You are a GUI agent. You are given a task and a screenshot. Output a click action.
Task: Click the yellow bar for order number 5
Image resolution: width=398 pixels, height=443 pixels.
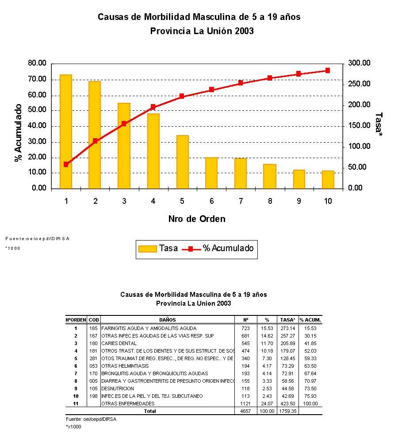182,162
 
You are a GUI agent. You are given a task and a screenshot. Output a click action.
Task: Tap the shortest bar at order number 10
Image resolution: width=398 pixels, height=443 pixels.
328,179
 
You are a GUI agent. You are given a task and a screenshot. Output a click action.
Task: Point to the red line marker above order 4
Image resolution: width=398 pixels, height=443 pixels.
153,107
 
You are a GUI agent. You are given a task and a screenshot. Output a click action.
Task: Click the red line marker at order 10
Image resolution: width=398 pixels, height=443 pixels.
328,70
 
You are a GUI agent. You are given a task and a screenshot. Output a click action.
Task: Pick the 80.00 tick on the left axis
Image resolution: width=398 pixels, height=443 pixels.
37,63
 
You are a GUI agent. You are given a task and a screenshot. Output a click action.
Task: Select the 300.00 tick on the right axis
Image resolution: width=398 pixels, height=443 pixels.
359,63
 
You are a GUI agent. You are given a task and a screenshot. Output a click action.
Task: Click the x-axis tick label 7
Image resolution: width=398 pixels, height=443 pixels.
241,201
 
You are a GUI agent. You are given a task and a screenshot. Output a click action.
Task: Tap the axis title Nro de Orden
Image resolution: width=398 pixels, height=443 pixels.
197,219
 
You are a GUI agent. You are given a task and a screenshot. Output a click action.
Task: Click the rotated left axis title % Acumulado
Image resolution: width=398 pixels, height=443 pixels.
19,133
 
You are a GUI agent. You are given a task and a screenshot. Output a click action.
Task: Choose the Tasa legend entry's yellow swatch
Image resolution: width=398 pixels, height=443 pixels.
147,249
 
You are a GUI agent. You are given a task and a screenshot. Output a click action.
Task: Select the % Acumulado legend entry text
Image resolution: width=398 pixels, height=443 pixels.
228,249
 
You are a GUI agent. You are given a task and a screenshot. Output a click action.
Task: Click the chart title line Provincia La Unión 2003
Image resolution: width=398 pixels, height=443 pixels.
202,31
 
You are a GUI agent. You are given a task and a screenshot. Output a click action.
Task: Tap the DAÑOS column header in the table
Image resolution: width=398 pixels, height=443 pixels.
168,320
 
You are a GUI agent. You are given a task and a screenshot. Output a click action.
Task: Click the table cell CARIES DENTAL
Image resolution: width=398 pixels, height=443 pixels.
119,343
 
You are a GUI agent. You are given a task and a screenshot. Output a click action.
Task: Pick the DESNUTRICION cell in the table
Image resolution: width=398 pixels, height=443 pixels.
118,389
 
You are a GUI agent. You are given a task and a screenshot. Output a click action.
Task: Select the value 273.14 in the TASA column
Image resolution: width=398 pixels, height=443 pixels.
288,328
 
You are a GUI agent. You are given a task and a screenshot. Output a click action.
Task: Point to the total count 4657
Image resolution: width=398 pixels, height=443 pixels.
245,411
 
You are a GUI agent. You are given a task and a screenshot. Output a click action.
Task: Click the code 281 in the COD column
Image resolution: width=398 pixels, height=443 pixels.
93,358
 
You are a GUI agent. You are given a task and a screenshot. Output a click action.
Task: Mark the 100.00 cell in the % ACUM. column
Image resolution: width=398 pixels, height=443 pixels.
310,404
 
